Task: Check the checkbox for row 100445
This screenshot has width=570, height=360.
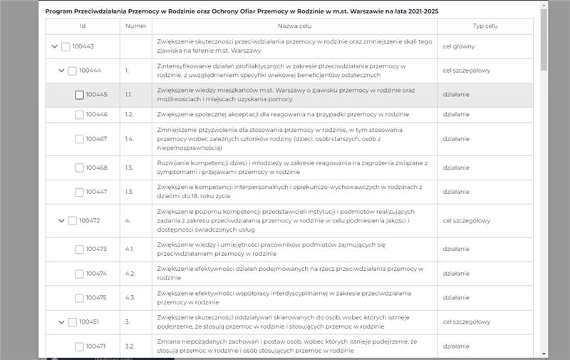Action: (79, 95)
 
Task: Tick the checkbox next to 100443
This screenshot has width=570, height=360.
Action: (66, 47)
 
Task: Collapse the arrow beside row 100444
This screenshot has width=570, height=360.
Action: (61, 71)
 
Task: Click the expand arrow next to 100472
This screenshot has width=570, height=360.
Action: (61, 221)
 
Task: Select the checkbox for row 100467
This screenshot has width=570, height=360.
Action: (79, 139)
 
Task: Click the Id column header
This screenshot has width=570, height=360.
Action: (83, 26)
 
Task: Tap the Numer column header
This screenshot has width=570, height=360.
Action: (135, 26)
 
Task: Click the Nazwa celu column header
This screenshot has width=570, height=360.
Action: (294, 26)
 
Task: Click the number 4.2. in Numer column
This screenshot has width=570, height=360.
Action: (130, 274)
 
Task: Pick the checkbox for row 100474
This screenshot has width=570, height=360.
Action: (79, 274)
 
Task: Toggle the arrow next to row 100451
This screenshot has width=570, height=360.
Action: (61, 322)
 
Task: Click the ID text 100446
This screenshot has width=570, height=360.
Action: (96, 115)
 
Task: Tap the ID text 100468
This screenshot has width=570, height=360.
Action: (96, 168)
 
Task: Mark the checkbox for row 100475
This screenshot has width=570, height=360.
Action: (79, 298)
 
